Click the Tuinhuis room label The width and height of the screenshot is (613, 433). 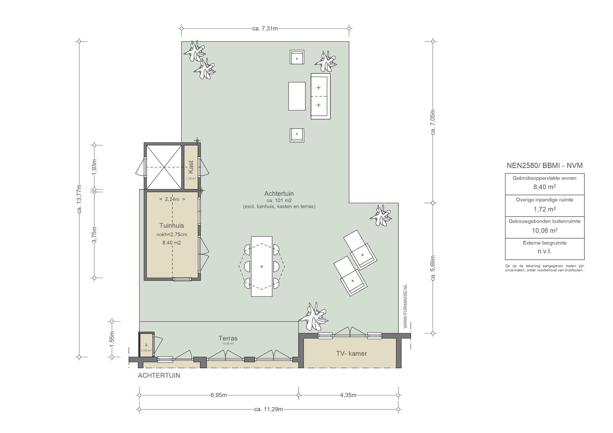coord(172,225)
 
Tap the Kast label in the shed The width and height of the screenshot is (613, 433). coord(191,167)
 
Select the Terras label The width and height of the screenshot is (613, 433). coord(228,338)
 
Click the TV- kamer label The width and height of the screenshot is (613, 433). coord(351,353)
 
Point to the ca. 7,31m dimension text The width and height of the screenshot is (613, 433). coord(265,29)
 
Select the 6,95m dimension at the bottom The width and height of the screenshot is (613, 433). coord(219,395)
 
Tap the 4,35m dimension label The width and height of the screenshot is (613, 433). coord(348,395)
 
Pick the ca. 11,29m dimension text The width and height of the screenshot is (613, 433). coord(268,409)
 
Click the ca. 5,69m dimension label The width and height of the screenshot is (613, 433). coord(433,268)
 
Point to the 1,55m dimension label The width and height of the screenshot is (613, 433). coord(112,339)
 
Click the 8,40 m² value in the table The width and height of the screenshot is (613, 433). coord(545,187)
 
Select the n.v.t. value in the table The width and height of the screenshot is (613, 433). coord(545,251)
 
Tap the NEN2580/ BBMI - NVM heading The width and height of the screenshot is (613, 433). coord(545,165)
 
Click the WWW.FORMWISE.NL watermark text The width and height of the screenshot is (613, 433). coord(406,306)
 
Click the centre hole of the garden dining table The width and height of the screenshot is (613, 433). coord(262,266)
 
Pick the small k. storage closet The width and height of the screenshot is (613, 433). coord(147,344)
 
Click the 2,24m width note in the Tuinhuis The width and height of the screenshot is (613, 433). coord(172,199)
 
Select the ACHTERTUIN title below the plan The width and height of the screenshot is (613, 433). coord(159,376)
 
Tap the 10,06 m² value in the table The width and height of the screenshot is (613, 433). coord(545,230)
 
